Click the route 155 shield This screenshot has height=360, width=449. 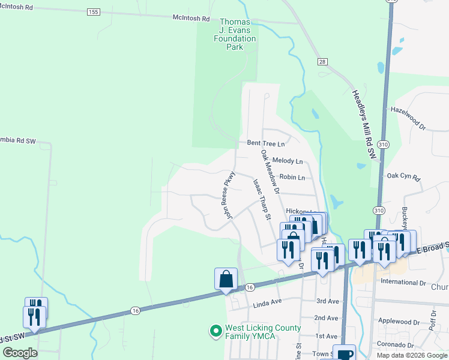pos(92,12)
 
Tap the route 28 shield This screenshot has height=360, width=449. pos(322,62)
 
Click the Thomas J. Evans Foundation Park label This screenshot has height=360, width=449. pos(235,34)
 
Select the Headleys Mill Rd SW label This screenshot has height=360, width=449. pos(364,125)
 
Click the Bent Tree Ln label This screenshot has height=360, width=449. pos(265,143)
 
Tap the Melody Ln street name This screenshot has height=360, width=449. pos(287,161)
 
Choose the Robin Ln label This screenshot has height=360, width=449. pos(292,178)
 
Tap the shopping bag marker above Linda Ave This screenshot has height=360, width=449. pos(226,279)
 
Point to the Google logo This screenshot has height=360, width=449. pos(20,353)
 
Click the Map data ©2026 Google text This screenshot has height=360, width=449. pos(412,355)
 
